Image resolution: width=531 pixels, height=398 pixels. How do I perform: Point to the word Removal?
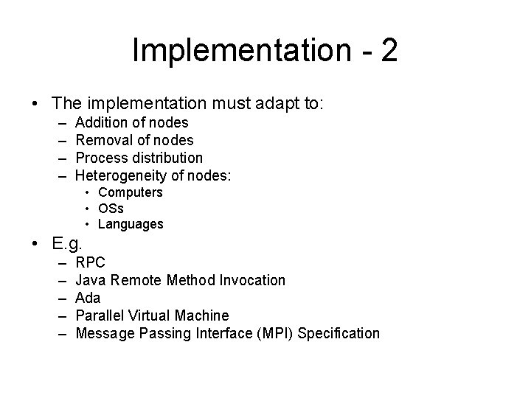[103, 140]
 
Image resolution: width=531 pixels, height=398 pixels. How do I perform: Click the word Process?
[101, 158]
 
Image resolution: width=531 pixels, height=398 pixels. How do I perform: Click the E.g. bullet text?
[69, 242]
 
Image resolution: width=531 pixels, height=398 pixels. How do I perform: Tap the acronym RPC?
[91, 262]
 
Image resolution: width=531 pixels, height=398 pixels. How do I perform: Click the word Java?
[91, 280]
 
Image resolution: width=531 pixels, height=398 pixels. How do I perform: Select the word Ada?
[88, 298]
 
